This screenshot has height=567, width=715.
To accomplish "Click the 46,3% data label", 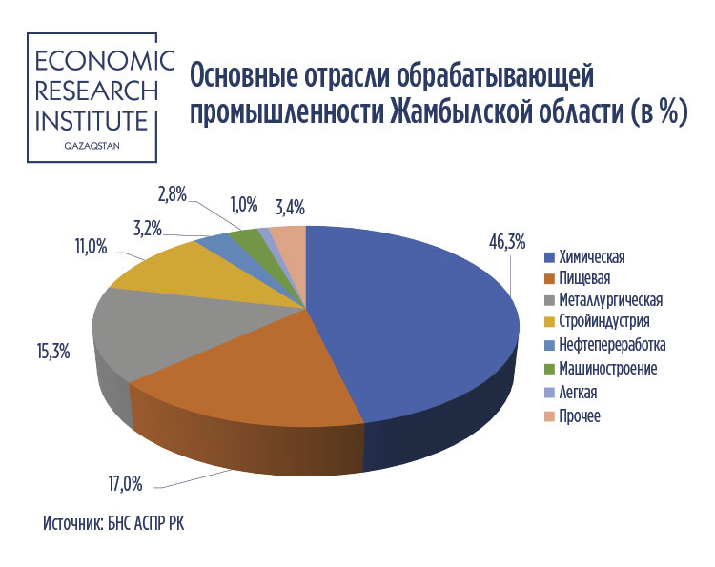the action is click(x=507, y=242).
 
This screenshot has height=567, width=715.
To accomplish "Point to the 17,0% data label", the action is click(x=125, y=483).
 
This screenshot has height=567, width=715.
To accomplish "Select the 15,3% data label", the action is click(x=53, y=352).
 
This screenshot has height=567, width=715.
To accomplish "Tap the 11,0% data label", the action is click(x=92, y=247).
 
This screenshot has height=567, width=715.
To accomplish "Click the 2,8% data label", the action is click(x=173, y=194).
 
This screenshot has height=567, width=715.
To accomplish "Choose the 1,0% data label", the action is click(x=244, y=205).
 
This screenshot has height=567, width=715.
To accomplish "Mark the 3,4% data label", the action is click(x=290, y=208).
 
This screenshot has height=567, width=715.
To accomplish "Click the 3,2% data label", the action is click(x=148, y=229).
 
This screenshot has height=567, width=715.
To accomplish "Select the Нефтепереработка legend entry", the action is click(x=605, y=345).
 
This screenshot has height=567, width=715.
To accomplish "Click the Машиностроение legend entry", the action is click(x=601, y=368).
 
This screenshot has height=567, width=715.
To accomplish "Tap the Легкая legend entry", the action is click(x=571, y=392).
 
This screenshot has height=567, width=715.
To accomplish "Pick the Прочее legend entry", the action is click(x=573, y=415).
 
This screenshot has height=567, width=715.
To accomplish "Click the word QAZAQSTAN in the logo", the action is click(x=92, y=146).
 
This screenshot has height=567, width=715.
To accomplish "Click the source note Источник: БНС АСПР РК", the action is click(x=114, y=523).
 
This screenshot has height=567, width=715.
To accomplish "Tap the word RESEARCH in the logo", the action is click(x=96, y=91).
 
